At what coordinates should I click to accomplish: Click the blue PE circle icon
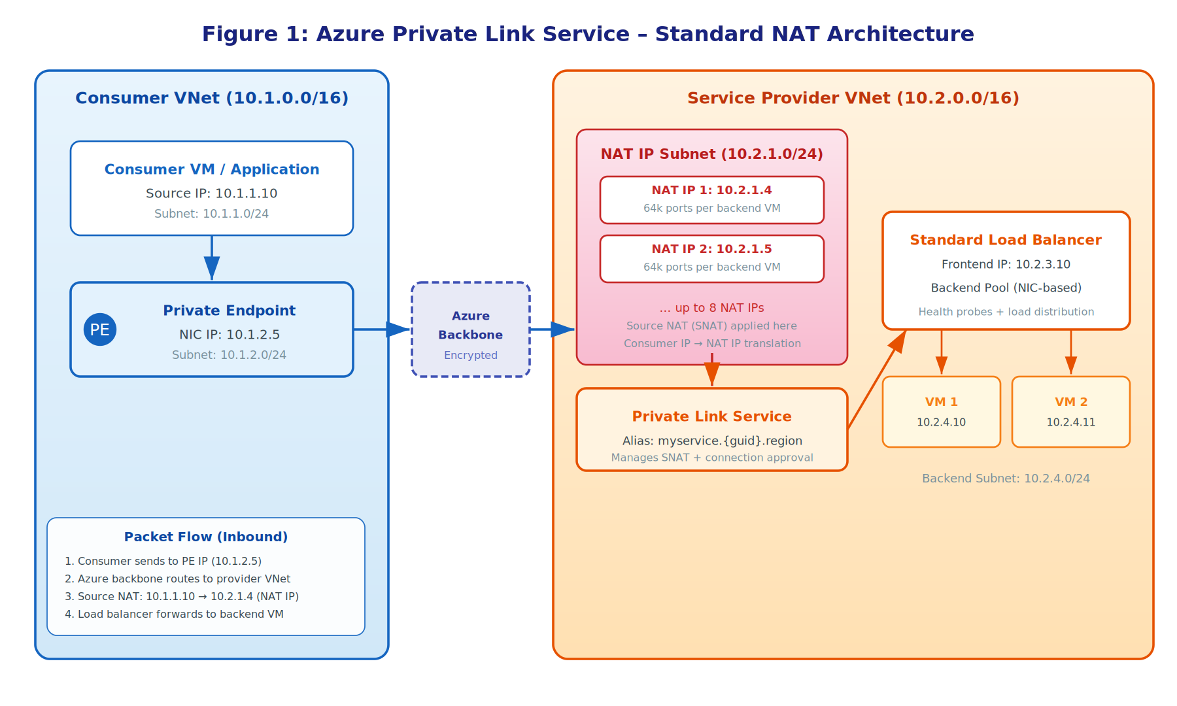coord(100,329)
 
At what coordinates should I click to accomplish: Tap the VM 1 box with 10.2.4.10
coord(941,412)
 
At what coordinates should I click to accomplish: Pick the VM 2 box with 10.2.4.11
coord(1070,412)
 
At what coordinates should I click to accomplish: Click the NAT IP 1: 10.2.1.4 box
coord(711,199)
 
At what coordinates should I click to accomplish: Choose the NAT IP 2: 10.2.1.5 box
coord(711,258)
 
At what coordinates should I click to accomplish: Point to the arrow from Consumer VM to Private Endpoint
coord(212,258)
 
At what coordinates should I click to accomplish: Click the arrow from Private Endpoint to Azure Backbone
coord(383,329)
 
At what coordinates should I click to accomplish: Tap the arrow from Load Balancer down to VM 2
coord(1070,353)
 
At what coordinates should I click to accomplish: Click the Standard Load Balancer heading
coord(1006,240)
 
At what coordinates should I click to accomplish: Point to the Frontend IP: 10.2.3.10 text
coord(1006,264)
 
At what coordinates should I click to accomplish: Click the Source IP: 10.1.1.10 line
coord(211,193)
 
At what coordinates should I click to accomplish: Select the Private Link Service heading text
coord(711,416)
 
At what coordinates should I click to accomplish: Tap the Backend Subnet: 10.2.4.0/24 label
coord(1006,479)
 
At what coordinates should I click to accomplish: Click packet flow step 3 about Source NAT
coord(182,596)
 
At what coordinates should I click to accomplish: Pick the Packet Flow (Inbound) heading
coord(206,537)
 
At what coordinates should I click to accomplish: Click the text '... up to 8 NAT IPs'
coord(711,308)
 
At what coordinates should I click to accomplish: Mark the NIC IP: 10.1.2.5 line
coord(230,335)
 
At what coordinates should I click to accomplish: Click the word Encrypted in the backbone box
coord(470,355)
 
